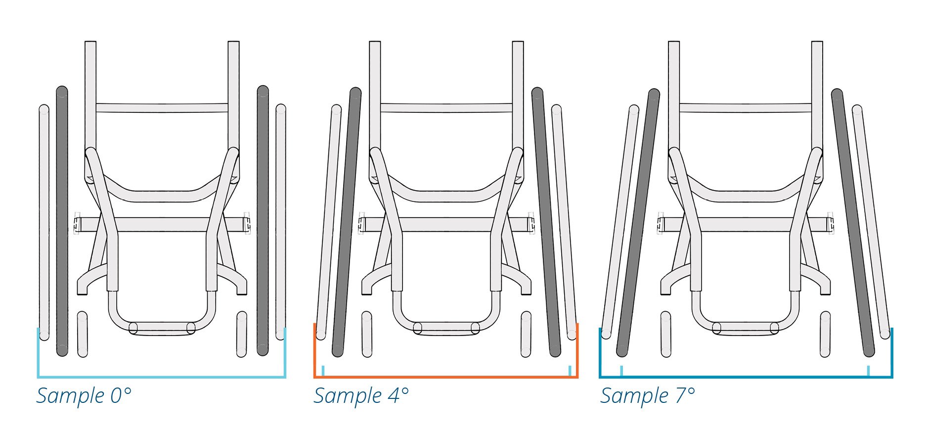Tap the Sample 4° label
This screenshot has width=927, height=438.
coord(361,396)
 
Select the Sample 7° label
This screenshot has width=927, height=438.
coord(648,396)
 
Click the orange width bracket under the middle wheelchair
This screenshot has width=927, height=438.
coord(445,377)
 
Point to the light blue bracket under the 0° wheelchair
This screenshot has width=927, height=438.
coord(161,377)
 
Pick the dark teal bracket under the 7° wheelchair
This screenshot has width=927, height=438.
coord(746,377)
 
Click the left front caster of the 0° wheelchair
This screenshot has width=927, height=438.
coord(83,334)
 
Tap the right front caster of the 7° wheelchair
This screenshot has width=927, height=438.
coord(825,334)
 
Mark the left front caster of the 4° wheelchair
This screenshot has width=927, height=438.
coord(367,334)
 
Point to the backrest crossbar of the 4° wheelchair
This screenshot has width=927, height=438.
coord(446,107)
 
